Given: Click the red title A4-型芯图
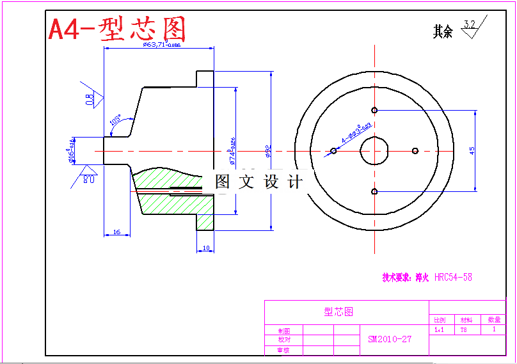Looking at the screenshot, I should pos(117,29).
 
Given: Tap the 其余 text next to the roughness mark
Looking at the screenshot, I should pos(443,31).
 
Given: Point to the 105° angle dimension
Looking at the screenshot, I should pos(115,119).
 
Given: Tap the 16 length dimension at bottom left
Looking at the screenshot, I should pos(116,232).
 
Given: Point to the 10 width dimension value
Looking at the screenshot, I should pos(206,248).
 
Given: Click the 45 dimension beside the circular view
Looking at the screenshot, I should pos(472,150).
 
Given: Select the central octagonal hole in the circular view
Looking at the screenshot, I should pos(374,151).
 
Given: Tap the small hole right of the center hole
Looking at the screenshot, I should pos(415,151).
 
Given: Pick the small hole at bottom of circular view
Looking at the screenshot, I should pos(374,191).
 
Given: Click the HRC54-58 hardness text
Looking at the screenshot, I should pos(453,278).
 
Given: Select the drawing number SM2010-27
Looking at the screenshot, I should pos(390,339).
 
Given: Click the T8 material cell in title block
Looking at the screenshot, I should pos(463,331).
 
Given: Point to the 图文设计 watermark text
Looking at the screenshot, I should pos(258,182).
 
